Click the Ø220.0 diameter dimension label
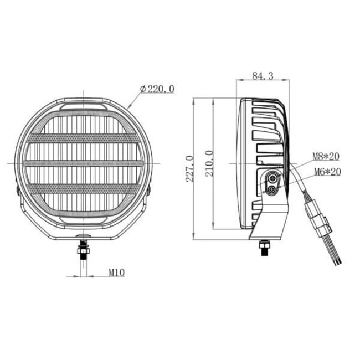[x=157, y=89]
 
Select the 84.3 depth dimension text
[x=263, y=76]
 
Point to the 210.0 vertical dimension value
[x=209, y=163]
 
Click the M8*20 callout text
[x=326, y=157]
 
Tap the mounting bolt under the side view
[x=264, y=248]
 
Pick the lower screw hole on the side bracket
[x=271, y=190]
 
